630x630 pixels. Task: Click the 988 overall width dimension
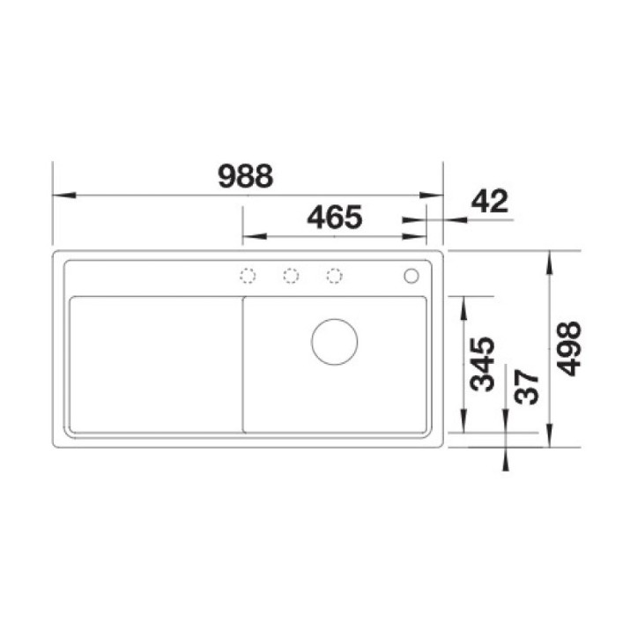pyautogui.click(x=246, y=176)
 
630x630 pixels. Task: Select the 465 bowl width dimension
pyautogui.click(x=335, y=217)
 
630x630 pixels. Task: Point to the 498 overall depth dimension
pyautogui.click(x=569, y=349)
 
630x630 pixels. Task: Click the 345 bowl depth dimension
pyautogui.click(x=483, y=365)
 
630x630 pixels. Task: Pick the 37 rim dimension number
pyautogui.click(x=527, y=387)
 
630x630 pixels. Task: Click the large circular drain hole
pyautogui.click(x=334, y=342)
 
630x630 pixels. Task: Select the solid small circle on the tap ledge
pyautogui.click(x=411, y=276)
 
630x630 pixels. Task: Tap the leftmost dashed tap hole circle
pyautogui.click(x=248, y=276)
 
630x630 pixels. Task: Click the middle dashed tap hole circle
pyautogui.click(x=291, y=276)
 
